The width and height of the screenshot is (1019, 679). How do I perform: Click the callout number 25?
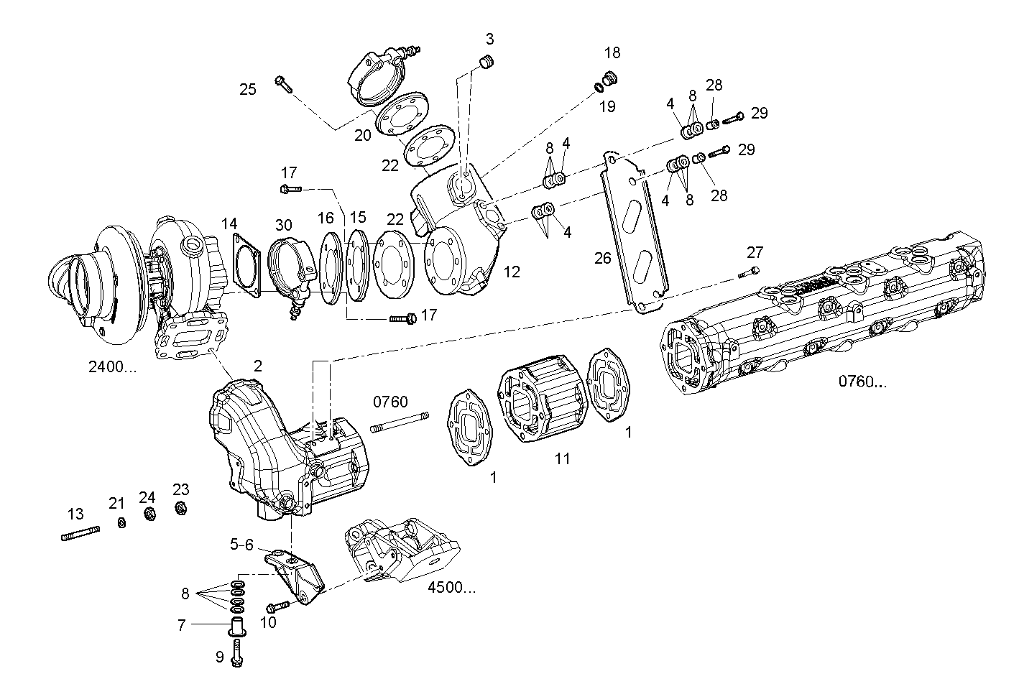[x=248, y=89]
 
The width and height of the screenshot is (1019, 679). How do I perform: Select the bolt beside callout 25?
[x=283, y=84]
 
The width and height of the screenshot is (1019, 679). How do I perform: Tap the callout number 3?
[x=489, y=39]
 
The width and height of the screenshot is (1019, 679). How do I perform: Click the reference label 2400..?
[x=112, y=366]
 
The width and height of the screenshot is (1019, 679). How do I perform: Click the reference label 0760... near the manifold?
[x=862, y=382]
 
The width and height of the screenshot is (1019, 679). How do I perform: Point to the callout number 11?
[x=562, y=458]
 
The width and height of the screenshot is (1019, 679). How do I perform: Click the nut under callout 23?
[x=182, y=509]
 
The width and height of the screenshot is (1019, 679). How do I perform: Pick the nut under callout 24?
[x=149, y=514]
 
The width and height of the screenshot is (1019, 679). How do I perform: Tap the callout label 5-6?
[x=241, y=545]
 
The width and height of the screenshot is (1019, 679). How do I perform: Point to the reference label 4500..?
[x=451, y=587]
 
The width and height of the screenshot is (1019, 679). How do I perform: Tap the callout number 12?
[x=512, y=272]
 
